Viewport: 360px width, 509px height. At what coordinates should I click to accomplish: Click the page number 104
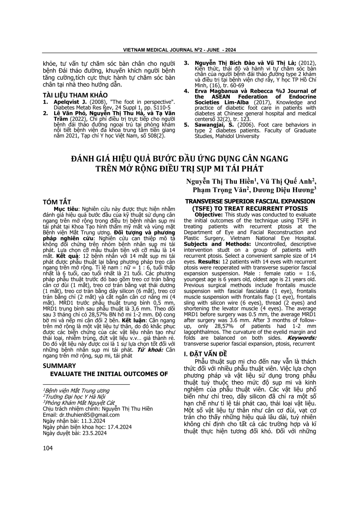(48, 448)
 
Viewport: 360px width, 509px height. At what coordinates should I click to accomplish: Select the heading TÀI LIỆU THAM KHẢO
(75, 95)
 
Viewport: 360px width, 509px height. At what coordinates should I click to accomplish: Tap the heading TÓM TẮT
(57, 202)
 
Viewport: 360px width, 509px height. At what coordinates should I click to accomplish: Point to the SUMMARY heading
(59, 366)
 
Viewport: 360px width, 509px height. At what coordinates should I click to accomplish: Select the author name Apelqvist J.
(66, 102)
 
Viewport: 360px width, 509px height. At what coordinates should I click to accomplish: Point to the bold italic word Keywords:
(302, 338)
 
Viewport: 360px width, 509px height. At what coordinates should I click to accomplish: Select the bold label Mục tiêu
(66, 209)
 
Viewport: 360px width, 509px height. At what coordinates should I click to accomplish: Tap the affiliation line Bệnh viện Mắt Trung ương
(77, 391)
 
